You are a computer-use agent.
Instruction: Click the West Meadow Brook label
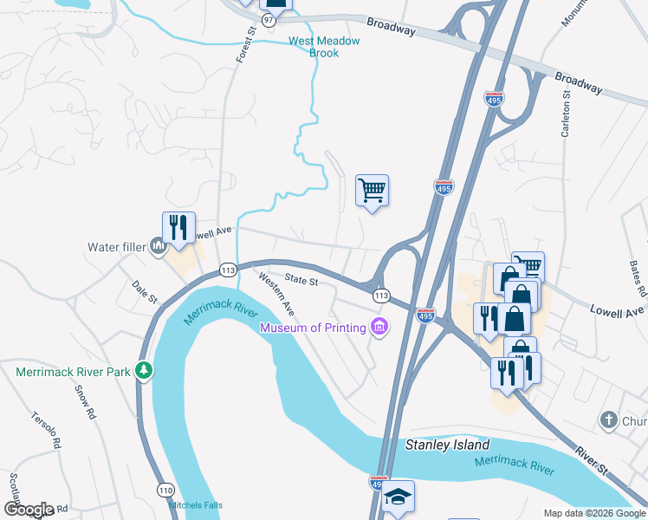click(313, 47)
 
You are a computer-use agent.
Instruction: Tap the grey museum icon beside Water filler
click(158, 247)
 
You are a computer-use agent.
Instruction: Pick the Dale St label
click(144, 291)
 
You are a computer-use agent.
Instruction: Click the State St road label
click(302, 281)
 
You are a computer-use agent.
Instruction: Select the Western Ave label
click(276, 294)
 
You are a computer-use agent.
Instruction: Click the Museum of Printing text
click(313, 328)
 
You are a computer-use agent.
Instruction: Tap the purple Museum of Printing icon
click(379, 328)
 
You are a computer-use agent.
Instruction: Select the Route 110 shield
click(165, 490)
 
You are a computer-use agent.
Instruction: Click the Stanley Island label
click(448, 445)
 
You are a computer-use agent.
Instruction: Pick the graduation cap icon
click(398, 496)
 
